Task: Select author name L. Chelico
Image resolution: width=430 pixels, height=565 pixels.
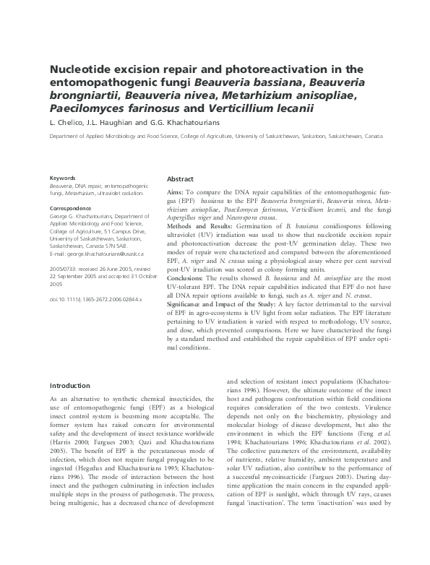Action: (66, 122)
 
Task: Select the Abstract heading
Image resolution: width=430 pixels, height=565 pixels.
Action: (180, 178)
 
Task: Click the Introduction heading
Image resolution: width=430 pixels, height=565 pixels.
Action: (70, 386)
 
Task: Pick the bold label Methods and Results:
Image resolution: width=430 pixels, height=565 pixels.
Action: (205, 246)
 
